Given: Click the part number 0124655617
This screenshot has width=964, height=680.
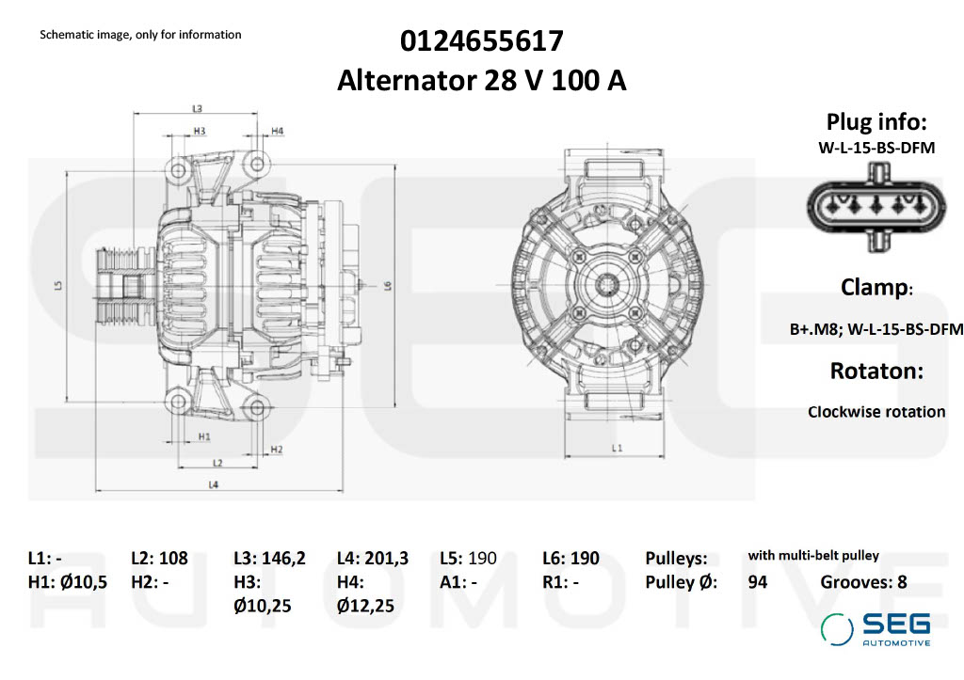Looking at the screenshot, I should point(481,41).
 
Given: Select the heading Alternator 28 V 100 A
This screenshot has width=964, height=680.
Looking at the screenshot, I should point(481,81).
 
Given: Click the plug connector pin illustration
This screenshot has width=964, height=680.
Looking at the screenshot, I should point(876,206).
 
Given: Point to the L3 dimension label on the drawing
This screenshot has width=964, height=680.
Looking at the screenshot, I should point(198,108).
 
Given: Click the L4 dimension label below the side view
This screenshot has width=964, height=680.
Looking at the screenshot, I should point(214,484).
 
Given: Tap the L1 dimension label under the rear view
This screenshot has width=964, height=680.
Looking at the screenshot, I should point(617,449).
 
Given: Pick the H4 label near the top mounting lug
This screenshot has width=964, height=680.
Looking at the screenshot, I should point(278,130).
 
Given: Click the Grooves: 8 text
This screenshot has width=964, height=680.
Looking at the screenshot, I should point(863,582).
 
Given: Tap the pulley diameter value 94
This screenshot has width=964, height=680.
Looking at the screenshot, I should point(757,582).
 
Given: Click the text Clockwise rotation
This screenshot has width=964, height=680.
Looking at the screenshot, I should point(876,411).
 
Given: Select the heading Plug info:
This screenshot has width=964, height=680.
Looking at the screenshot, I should point(876,121).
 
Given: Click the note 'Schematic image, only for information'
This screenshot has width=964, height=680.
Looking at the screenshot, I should point(140,35).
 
